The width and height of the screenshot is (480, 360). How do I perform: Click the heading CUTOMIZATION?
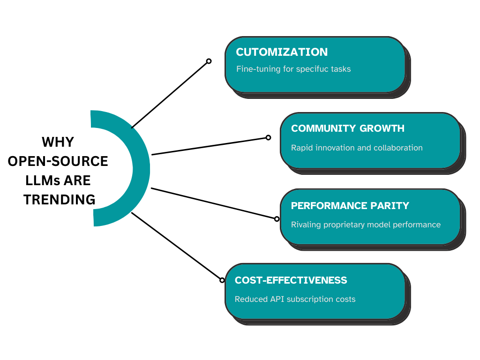click(x=282, y=52)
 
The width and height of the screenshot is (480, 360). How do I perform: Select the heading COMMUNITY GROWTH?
click(x=347, y=128)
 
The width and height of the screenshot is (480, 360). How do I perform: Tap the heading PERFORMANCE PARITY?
click(x=350, y=206)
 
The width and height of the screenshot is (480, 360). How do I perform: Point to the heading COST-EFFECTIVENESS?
click(x=291, y=280)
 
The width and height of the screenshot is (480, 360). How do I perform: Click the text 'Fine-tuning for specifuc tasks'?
click(x=293, y=69)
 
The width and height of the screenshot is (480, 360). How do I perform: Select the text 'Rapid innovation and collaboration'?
click(x=357, y=148)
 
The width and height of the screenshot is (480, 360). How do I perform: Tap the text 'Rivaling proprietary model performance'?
click(x=366, y=225)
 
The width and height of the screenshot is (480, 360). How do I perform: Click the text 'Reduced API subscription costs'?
click(x=295, y=299)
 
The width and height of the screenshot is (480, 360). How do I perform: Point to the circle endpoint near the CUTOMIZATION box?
click(x=209, y=61)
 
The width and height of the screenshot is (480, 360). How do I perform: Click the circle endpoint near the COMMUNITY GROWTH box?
click(x=268, y=137)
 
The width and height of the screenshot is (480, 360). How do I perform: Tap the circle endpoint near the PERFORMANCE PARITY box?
click(x=277, y=218)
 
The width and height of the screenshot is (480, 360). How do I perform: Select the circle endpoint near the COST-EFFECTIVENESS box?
click(x=222, y=280)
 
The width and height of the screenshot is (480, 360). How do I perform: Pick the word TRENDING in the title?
click(x=60, y=200)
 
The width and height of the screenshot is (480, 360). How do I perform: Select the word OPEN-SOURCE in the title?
click(x=58, y=161)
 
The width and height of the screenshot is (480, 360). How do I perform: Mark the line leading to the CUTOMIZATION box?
click(x=170, y=94)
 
